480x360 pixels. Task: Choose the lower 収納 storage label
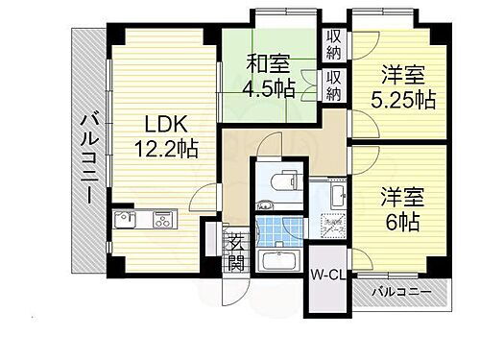(334, 84)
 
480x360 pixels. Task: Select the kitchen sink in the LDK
(129, 221)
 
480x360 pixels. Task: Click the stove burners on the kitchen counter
(160, 221)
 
